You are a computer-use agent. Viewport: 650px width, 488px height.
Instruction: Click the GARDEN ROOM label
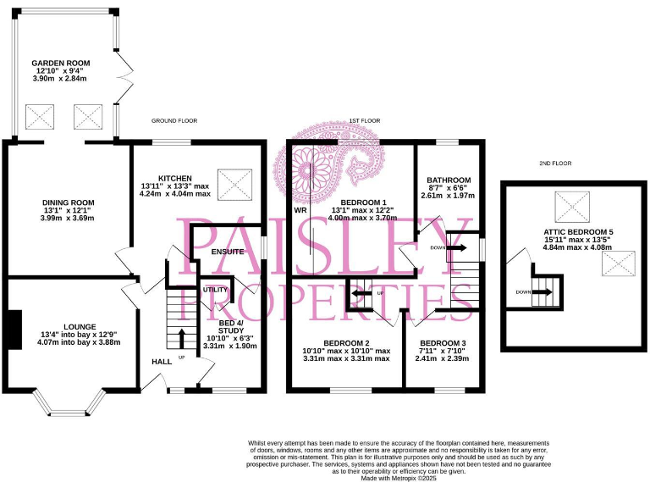[60, 64]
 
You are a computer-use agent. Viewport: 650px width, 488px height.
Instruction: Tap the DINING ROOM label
[69, 202]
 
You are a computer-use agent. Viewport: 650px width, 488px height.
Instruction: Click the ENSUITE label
[227, 252]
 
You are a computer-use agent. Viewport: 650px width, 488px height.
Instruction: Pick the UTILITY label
[215, 290]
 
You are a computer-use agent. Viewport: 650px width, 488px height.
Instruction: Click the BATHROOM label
[449, 180]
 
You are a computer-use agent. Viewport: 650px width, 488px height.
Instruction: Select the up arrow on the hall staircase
[180, 340]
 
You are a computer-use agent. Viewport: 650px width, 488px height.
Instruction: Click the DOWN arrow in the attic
[543, 292]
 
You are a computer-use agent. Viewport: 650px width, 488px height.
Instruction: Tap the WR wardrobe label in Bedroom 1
[300, 209]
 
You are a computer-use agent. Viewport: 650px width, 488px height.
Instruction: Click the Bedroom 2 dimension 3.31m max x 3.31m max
[347, 358]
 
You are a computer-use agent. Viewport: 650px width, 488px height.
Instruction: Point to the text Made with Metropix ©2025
[399, 479]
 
